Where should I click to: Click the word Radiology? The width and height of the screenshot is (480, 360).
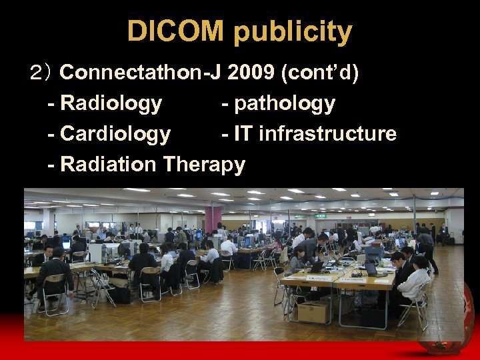tap(111, 103)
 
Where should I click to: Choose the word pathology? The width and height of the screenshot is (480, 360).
tap(285, 104)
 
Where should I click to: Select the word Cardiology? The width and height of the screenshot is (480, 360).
tap(115, 134)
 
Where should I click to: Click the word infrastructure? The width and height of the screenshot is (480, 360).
tap(327, 134)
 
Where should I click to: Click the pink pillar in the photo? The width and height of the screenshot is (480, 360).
tap(213, 220)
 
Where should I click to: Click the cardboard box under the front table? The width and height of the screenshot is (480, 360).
tap(314, 311)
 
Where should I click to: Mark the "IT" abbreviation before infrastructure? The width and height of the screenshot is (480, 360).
tap(243, 134)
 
